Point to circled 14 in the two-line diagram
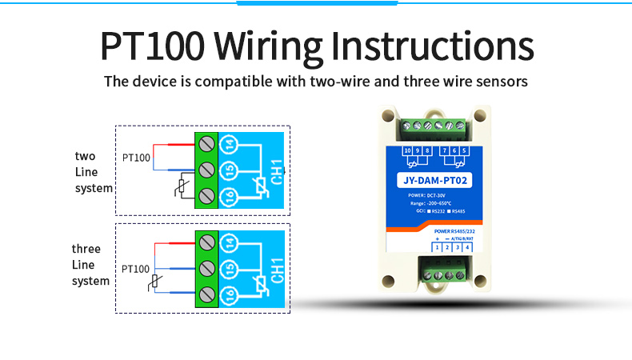coord(229,145)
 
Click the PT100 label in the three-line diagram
coord(136,269)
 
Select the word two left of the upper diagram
coord(85,156)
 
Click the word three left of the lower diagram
coord(86,249)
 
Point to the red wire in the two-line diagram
coord(172,145)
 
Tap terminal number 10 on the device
coord(408,150)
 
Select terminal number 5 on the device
coord(465,150)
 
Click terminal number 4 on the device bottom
coord(467,248)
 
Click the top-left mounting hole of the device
coord(389,115)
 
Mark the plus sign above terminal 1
coord(438,238)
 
